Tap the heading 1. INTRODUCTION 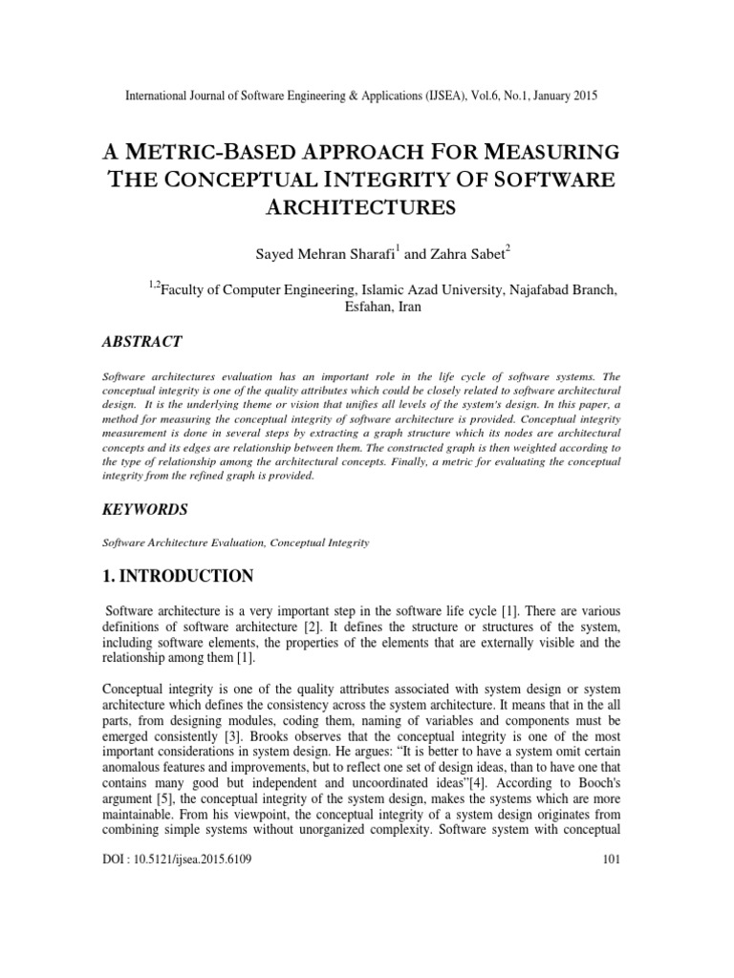click(x=178, y=576)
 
